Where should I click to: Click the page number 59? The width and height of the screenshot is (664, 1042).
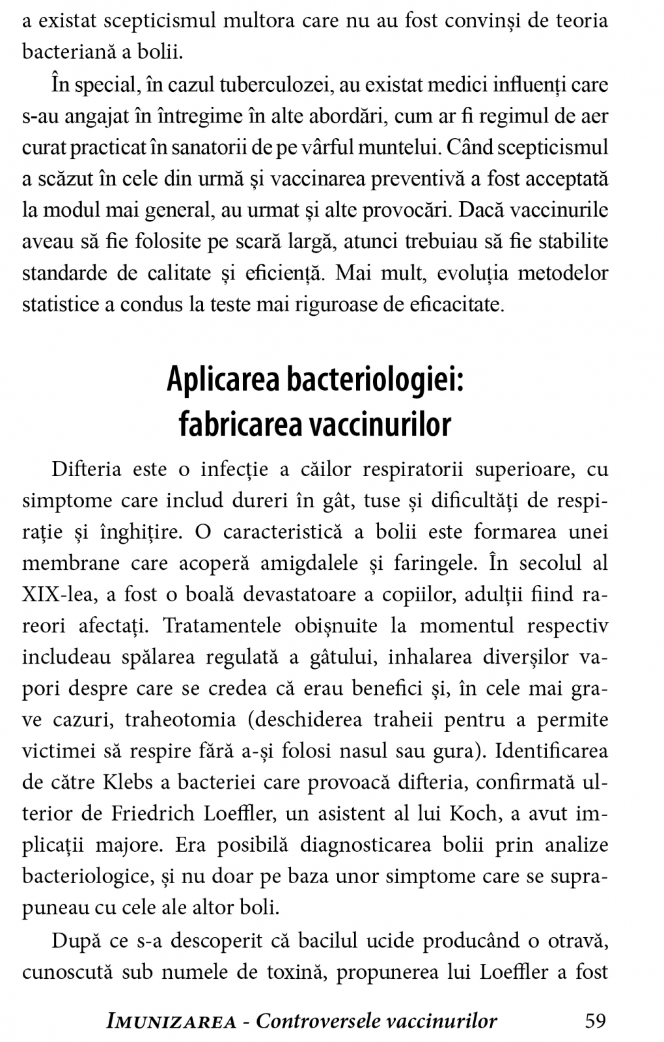tap(596, 1021)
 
